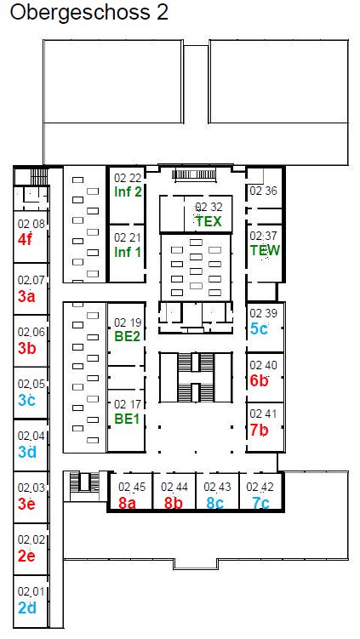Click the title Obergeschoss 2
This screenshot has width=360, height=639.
point(89,13)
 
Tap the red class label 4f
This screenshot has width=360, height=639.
point(25,240)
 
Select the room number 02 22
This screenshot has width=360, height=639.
point(128,178)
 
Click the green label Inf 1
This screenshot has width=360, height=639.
point(128,252)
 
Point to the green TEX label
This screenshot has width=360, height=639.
point(209,221)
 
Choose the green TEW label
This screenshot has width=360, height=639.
point(266,250)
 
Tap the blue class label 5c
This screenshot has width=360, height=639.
point(259,328)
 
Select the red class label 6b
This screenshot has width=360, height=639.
point(259,380)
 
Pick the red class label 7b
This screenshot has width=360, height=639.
point(259,430)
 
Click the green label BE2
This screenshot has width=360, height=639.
point(128,338)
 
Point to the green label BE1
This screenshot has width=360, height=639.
point(128,419)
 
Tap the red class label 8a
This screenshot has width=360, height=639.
point(127,503)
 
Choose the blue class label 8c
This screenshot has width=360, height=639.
point(214,503)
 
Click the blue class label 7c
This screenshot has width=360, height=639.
point(260,503)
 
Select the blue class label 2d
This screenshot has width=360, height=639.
point(27,608)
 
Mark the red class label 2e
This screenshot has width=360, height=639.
point(26,556)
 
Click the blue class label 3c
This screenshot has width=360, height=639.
point(26,400)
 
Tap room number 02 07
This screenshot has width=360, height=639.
point(31,281)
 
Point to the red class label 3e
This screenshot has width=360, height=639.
point(26,504)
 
